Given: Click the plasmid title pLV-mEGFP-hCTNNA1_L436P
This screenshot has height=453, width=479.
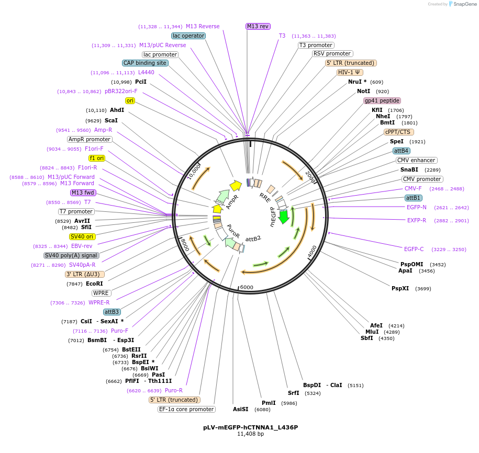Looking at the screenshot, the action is (x=250, y=427).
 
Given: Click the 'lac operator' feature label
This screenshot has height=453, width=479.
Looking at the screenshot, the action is (x=188, y=36).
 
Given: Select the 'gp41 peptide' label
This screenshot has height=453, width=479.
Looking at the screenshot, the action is (x=382, y=100).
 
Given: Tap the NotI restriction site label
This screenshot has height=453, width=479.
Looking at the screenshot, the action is (x=363, y=91).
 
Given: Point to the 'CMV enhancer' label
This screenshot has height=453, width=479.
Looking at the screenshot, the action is (x=416, y=160).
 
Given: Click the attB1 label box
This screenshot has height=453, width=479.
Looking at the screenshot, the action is (x=413, y=198).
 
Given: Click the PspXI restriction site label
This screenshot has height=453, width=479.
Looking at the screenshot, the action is (x=400, y=288).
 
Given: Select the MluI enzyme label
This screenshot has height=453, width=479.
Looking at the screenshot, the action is (x=372, y=332).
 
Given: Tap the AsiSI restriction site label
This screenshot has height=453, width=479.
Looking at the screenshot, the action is (x=240, y=409).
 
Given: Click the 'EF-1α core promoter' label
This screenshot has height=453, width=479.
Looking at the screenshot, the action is (x=186, y=409).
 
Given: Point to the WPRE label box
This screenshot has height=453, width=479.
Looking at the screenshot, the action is (x=101, y=293).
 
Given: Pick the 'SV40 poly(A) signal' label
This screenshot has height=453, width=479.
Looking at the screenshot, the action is (x=71, y=255).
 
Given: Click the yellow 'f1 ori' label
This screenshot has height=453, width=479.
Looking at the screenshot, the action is (x=97, y=158).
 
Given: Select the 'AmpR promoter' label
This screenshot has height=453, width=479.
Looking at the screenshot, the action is (x=90, y=139).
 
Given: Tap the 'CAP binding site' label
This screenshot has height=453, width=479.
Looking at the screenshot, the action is (x=146, y=63).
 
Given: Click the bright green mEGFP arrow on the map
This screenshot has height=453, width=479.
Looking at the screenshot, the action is (x=284, y=216).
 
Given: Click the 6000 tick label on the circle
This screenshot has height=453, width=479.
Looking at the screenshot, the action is (x=246, y=287).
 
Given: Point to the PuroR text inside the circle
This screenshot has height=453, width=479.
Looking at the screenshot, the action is (x=233, y=231).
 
